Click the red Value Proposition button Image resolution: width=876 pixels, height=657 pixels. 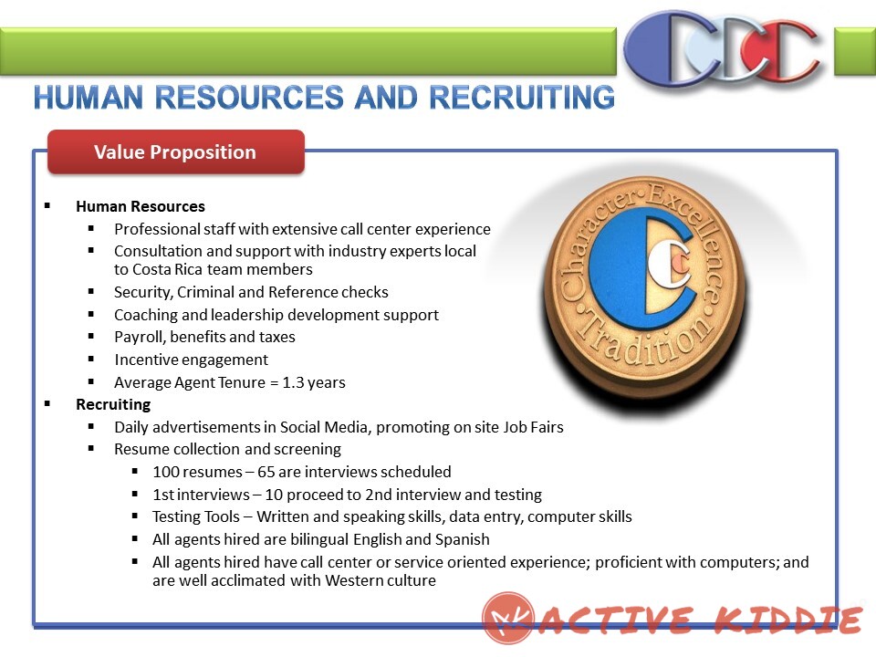point(176,152)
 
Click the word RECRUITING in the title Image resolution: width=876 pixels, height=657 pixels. point(522,98)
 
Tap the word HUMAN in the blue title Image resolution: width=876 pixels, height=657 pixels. point(89,98)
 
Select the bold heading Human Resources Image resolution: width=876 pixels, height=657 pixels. point(141,207)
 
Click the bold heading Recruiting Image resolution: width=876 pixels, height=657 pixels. point(113,404)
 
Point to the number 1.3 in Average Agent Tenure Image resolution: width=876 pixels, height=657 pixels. point(293,382)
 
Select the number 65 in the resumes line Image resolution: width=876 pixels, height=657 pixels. point(266,472)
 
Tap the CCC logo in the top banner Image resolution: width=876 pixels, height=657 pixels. point(724,48)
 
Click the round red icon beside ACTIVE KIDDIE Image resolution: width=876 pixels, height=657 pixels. point(508,618)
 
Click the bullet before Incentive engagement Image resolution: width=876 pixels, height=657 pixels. point(91,360)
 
